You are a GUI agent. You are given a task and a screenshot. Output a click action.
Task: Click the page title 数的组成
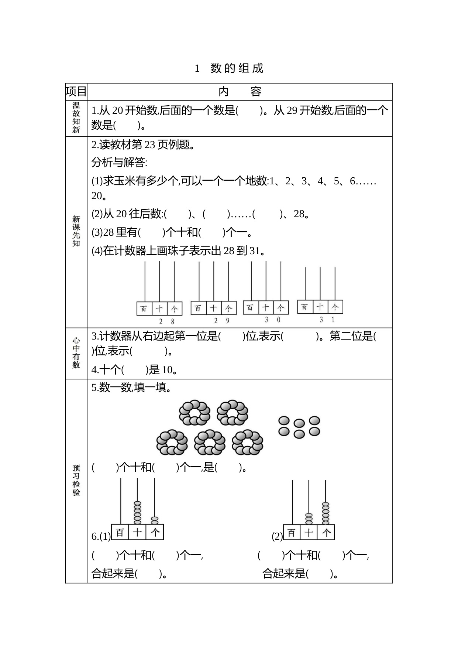click(x=237, y=68)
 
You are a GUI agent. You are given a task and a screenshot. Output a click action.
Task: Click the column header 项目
click(x=76, y=91)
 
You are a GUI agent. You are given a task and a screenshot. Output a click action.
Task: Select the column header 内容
click(x=240, y=92)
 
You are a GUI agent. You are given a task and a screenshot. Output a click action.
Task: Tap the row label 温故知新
click(x=76, y=118)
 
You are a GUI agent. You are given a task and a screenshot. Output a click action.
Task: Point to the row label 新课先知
click(x=76, y=231)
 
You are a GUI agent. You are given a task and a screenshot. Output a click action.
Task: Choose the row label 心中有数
click(x=76, y=353)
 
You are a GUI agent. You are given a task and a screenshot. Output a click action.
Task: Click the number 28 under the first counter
click(x=166, y=321)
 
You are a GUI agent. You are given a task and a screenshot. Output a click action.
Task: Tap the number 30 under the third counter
click(x=273, y=320)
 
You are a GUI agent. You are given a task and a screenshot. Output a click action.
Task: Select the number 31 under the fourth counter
click(x=327, y=320)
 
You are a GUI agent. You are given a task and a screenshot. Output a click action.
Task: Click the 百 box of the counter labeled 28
click(x=144, y=308)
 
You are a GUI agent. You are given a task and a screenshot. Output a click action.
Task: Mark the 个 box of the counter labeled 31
click(x=335, y=307)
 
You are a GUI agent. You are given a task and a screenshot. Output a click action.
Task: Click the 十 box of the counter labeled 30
click(x=266, y=307)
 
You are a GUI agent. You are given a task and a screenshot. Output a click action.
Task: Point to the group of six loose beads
click(x=299, y=427)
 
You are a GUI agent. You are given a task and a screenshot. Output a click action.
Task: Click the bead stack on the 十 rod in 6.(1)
click(x=138, y=512)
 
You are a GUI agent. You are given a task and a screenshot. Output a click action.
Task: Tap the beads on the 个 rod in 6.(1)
click(x=155, y=520)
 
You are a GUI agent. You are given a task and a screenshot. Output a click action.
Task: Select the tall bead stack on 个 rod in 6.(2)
click(x=326, y=513)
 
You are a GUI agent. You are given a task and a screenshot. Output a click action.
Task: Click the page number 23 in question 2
click(x=150, y=145)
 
